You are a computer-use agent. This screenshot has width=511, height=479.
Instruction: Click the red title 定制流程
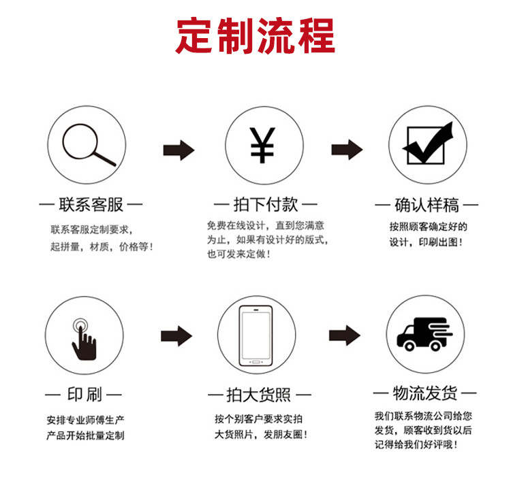point(255,35)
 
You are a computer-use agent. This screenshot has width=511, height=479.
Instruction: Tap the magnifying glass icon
point(89,145)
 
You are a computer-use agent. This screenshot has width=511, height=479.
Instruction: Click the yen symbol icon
point(262,145)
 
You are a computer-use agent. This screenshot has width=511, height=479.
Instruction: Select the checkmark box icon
point(428,143)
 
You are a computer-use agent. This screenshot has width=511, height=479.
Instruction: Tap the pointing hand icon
point(84,339)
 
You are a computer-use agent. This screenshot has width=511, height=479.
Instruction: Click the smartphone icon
point(255,336)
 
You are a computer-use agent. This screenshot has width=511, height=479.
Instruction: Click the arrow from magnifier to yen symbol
point(179,150)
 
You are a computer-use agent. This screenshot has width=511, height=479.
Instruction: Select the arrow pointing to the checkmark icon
point(347,150)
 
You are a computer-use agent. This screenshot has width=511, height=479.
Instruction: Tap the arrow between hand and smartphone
point(176,336)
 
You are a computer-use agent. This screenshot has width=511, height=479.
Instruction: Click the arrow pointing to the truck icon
point(345,335)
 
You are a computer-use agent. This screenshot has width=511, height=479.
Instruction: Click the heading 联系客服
point(91,205)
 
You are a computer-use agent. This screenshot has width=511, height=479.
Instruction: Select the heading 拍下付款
point(266,205)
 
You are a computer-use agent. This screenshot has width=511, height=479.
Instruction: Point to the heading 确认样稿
point(427,205)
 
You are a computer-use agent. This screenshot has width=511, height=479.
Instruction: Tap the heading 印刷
point(84,395)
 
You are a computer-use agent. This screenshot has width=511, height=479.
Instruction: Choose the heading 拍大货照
point(258,395)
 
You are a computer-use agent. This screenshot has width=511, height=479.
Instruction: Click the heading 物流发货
point(425,393)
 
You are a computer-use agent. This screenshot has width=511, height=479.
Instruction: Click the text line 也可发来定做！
point(239,254)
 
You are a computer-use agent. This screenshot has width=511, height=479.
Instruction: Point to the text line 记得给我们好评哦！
point(416,444)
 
